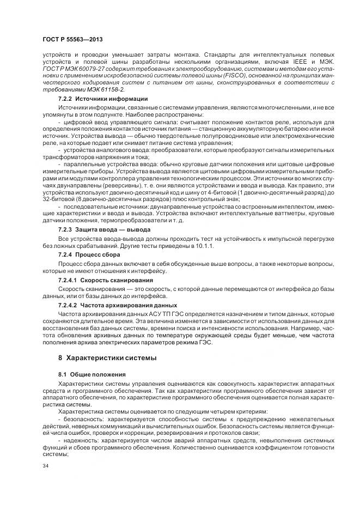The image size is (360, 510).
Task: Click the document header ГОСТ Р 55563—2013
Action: coord(72,40)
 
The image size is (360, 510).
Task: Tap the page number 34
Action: coord(45,466)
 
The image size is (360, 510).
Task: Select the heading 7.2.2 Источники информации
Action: coord(102,99)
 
